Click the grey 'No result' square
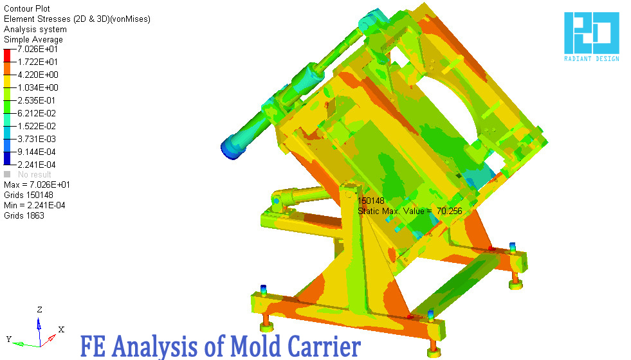7,174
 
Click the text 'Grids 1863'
24,215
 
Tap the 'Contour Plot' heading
26,9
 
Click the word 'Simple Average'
33,40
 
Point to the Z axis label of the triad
40,309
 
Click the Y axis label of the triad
9,338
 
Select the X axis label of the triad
61,329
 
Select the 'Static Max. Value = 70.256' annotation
410,211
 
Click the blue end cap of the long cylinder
229,147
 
